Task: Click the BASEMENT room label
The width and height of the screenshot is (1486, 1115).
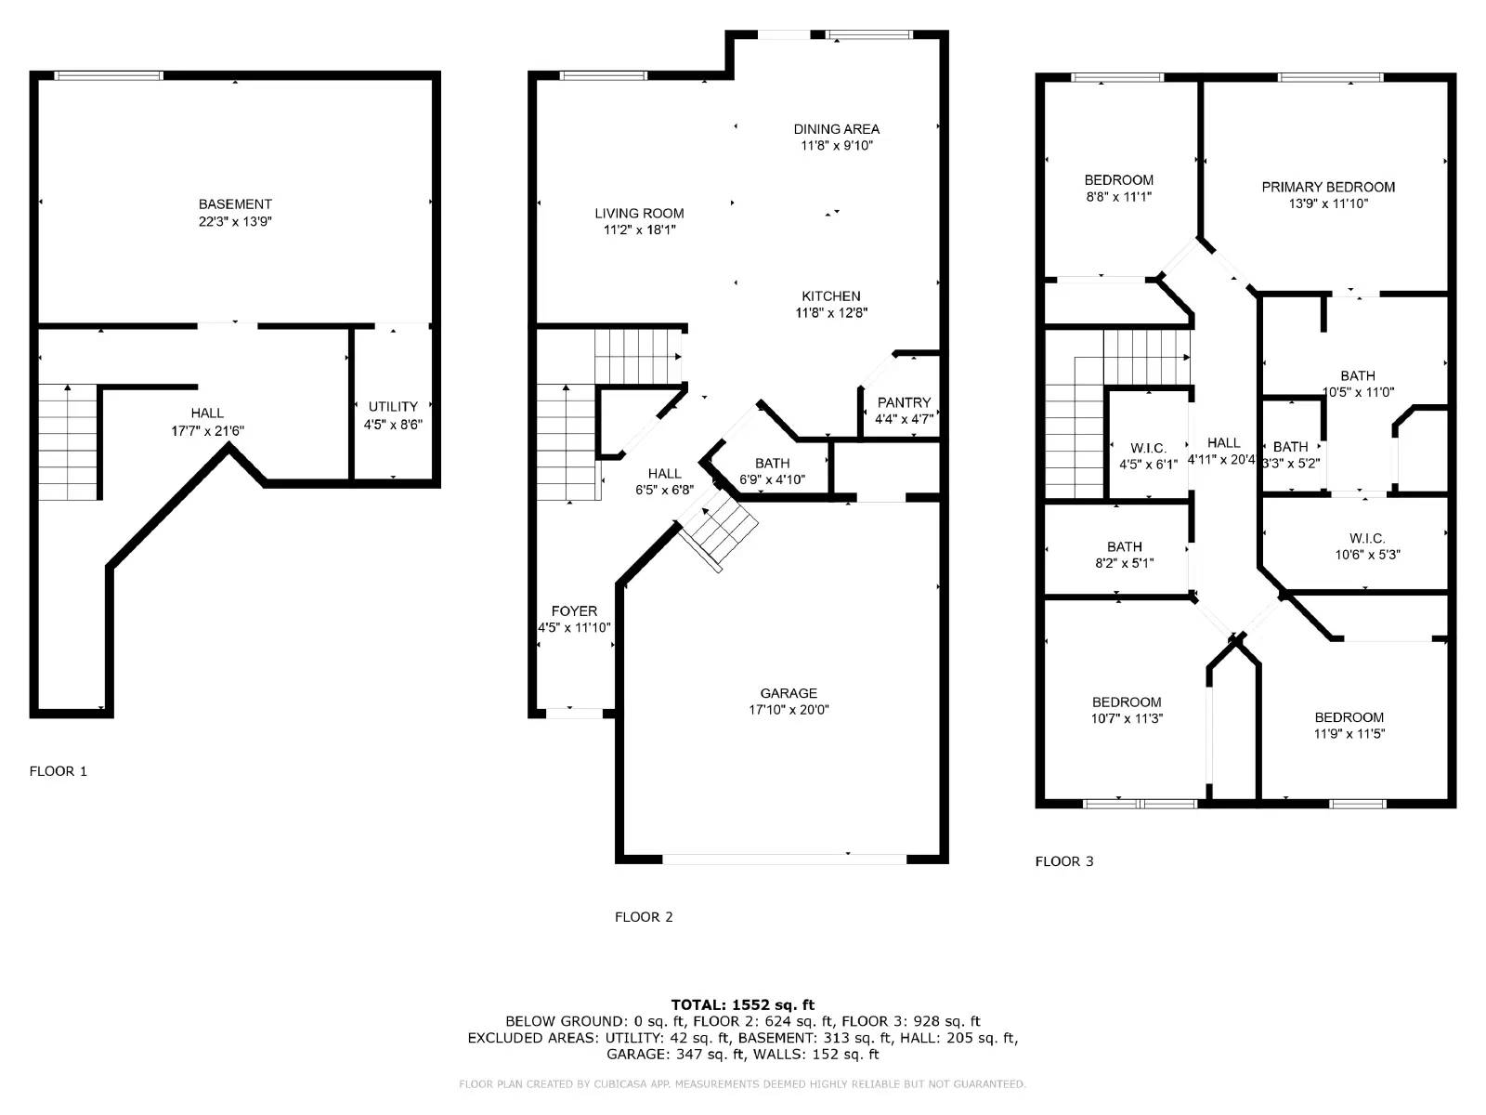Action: tap(235, 204)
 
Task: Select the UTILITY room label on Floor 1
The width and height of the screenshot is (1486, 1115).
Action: tap(393, 407)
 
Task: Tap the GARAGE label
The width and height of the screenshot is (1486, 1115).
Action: tap(789, 693)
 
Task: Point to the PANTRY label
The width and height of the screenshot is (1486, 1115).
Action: tap(904, 402)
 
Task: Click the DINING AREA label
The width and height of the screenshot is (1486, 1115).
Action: tap(836, 129)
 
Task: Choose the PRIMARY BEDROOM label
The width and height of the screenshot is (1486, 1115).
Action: tap(1328, 187)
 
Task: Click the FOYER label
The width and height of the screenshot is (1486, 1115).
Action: tap(574, 611)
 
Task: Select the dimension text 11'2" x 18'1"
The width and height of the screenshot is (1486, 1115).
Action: tap(639, 230)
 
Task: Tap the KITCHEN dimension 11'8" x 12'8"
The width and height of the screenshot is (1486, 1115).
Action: tap(831, 313)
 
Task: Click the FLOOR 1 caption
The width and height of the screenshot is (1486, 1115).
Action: tap(58, 771)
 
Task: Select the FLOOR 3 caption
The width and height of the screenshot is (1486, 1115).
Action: tap(1064, 861)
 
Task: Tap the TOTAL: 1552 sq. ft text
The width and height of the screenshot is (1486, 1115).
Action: tap(742, 1004)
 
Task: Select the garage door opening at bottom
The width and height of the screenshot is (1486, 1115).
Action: tap(784, 859)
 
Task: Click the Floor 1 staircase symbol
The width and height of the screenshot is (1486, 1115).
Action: tap(68, 442)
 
